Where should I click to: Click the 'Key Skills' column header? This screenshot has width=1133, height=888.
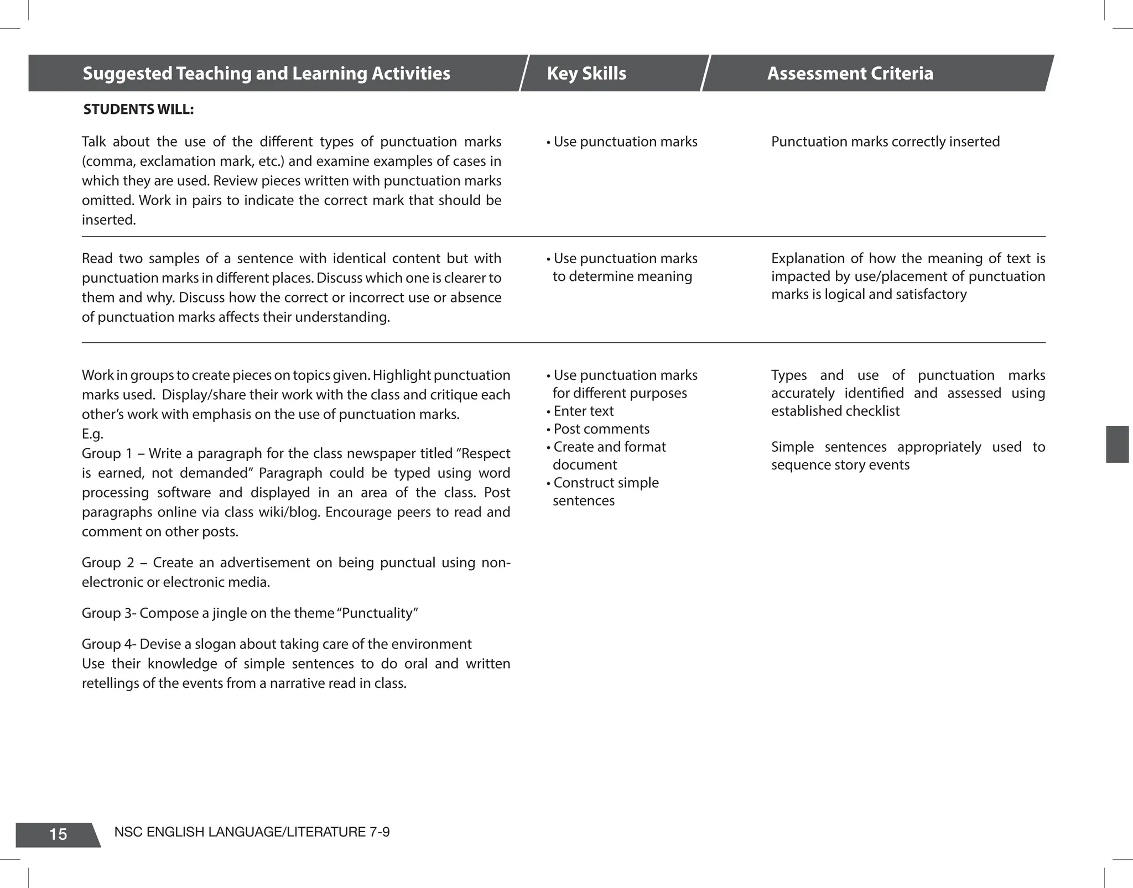[586, 74]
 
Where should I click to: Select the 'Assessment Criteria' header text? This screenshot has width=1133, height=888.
[850, 74]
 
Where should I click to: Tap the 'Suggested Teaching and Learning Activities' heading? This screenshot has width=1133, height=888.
[266, 74]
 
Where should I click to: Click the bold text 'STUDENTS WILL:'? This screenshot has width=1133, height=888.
[138, 109]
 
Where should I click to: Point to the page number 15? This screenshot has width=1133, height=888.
[58, 834]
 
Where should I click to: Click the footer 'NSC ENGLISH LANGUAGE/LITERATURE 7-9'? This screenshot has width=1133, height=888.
[252, 832]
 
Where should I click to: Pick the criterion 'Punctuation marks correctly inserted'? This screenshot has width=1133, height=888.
[885, 142]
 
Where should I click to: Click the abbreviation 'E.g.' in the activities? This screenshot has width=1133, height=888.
[93, 434]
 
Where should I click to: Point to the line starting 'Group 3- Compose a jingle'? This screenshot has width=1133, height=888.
[250, 613]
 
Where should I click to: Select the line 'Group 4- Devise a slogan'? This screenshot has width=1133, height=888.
[277, 644]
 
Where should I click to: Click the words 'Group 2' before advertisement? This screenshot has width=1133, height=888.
[108, 563]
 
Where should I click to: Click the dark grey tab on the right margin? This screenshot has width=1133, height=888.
[1117, 444]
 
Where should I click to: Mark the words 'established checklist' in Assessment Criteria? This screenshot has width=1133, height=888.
[835, 411]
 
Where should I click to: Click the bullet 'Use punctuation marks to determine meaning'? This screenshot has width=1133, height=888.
[622, 267]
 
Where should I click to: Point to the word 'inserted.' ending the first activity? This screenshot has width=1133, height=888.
[108, 220]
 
